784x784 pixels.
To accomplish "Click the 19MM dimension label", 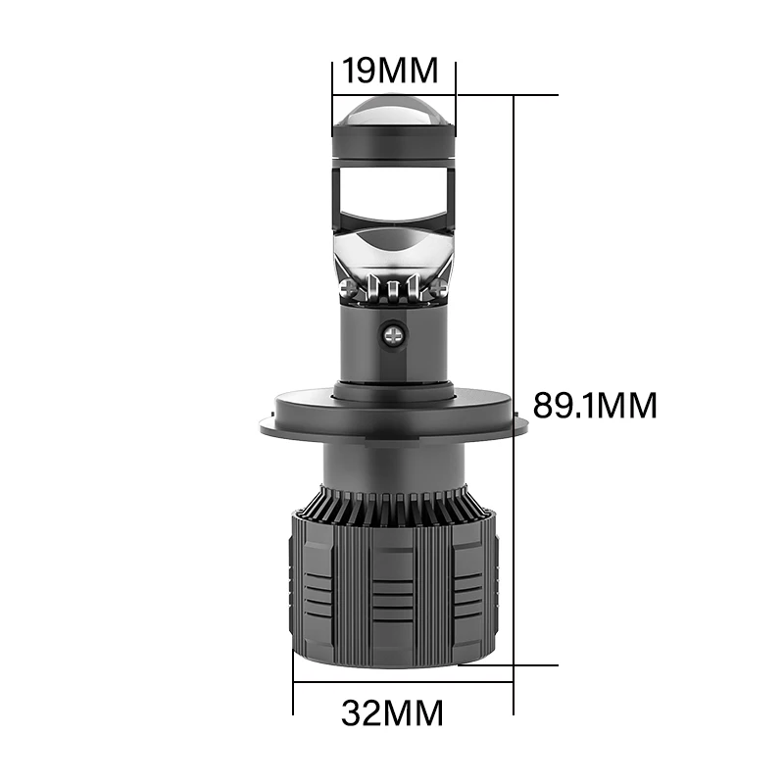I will coord(392,71).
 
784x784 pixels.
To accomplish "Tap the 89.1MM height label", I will coord(594,405).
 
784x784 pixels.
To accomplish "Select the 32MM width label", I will coord(392,712).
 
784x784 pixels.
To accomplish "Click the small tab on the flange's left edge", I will coord(265,423).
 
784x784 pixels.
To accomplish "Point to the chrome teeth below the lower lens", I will coord(393,290).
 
